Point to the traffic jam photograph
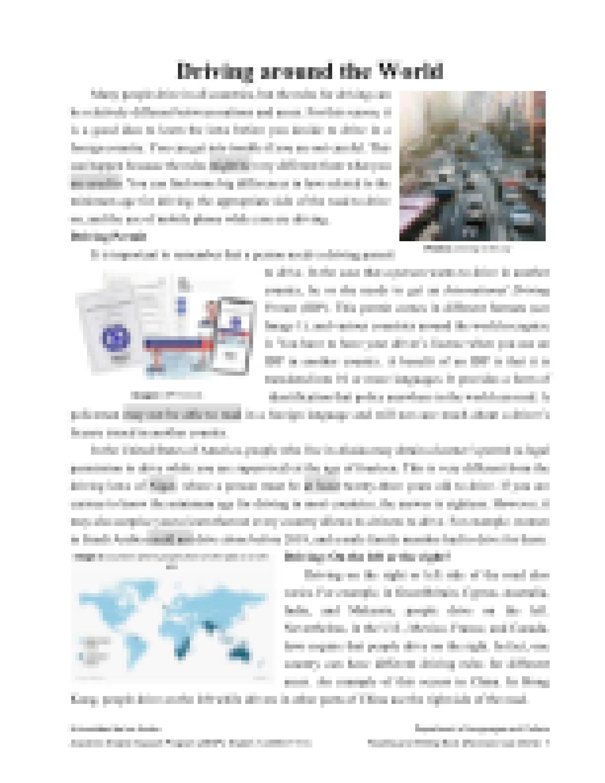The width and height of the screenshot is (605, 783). [x=472, y=166]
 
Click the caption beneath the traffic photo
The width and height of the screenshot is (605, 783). [x=467, y=249]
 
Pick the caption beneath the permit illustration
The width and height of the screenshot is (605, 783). [x=166, y=395]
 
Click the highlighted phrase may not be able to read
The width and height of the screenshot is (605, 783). [x=182, y=414]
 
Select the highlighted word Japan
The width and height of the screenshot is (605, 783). [x=163, y=486]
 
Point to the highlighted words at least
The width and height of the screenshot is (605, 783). [x=322, y=486]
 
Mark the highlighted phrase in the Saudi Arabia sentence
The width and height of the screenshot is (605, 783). [x=171, y=539]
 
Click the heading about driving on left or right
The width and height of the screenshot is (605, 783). [x=367, y=557]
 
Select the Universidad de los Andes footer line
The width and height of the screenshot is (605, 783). [x=116, y=729]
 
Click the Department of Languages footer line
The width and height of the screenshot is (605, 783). [x=482, y=729]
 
